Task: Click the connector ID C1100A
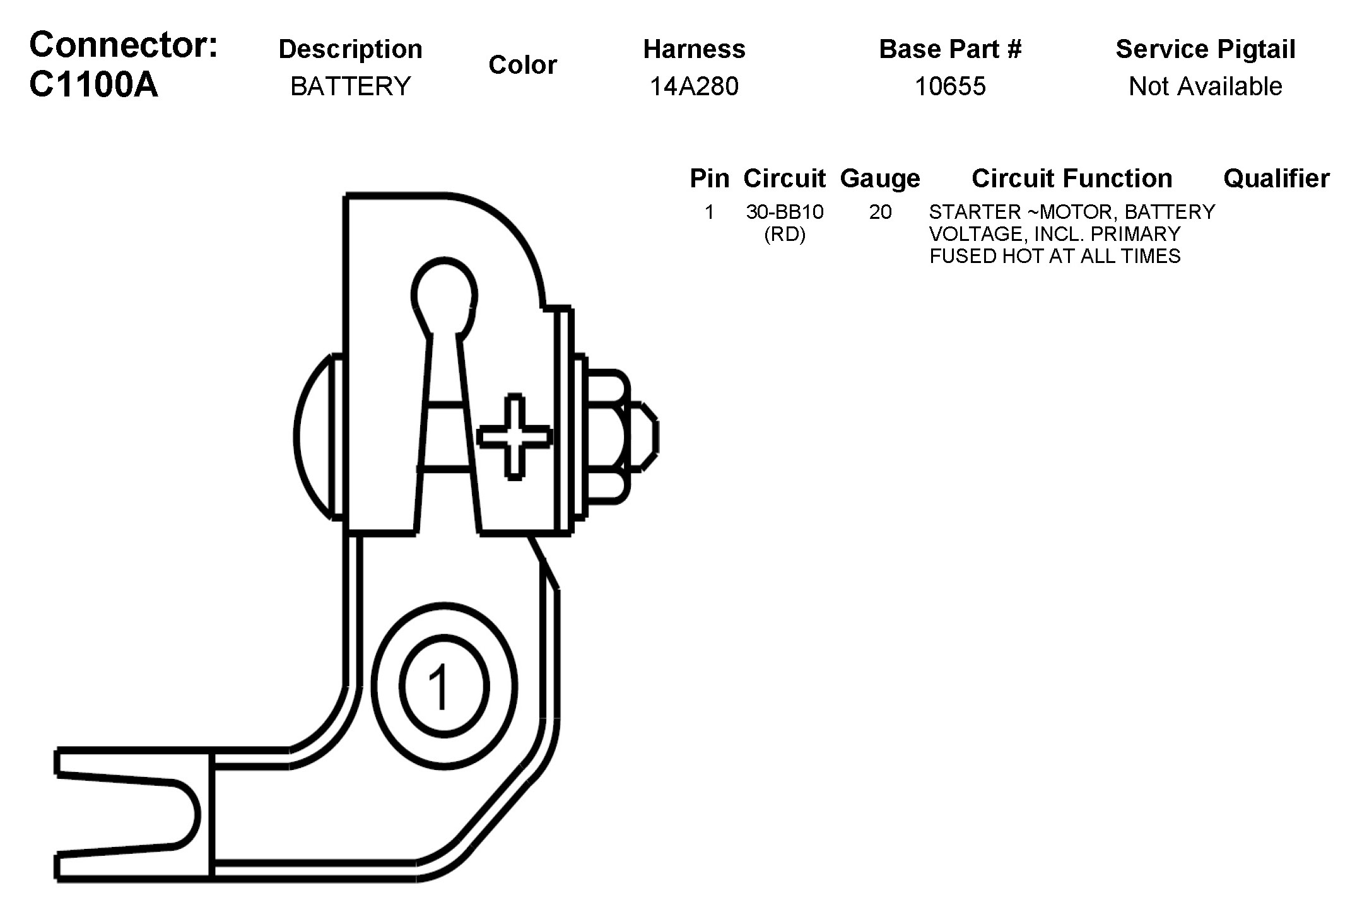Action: click(93, 85)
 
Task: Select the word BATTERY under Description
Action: click(350, 86)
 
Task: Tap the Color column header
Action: click(522, 65)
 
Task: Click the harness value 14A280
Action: click(694, 86)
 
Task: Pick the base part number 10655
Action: click(950, 86)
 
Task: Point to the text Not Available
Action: click(1205, 86)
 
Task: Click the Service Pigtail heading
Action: click(1205, 49)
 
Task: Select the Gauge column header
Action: click(880, 178)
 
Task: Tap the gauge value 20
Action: click(880, 212)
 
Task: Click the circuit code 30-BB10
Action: click(785, 212)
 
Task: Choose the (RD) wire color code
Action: click(785, 235)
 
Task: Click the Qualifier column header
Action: click(1276, 178)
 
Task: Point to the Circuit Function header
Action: click(1072, 178)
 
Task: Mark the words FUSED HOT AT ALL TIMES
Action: click(1055, 256)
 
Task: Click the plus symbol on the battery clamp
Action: click(515, 436)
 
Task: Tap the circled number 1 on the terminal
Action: click(443, 686)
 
